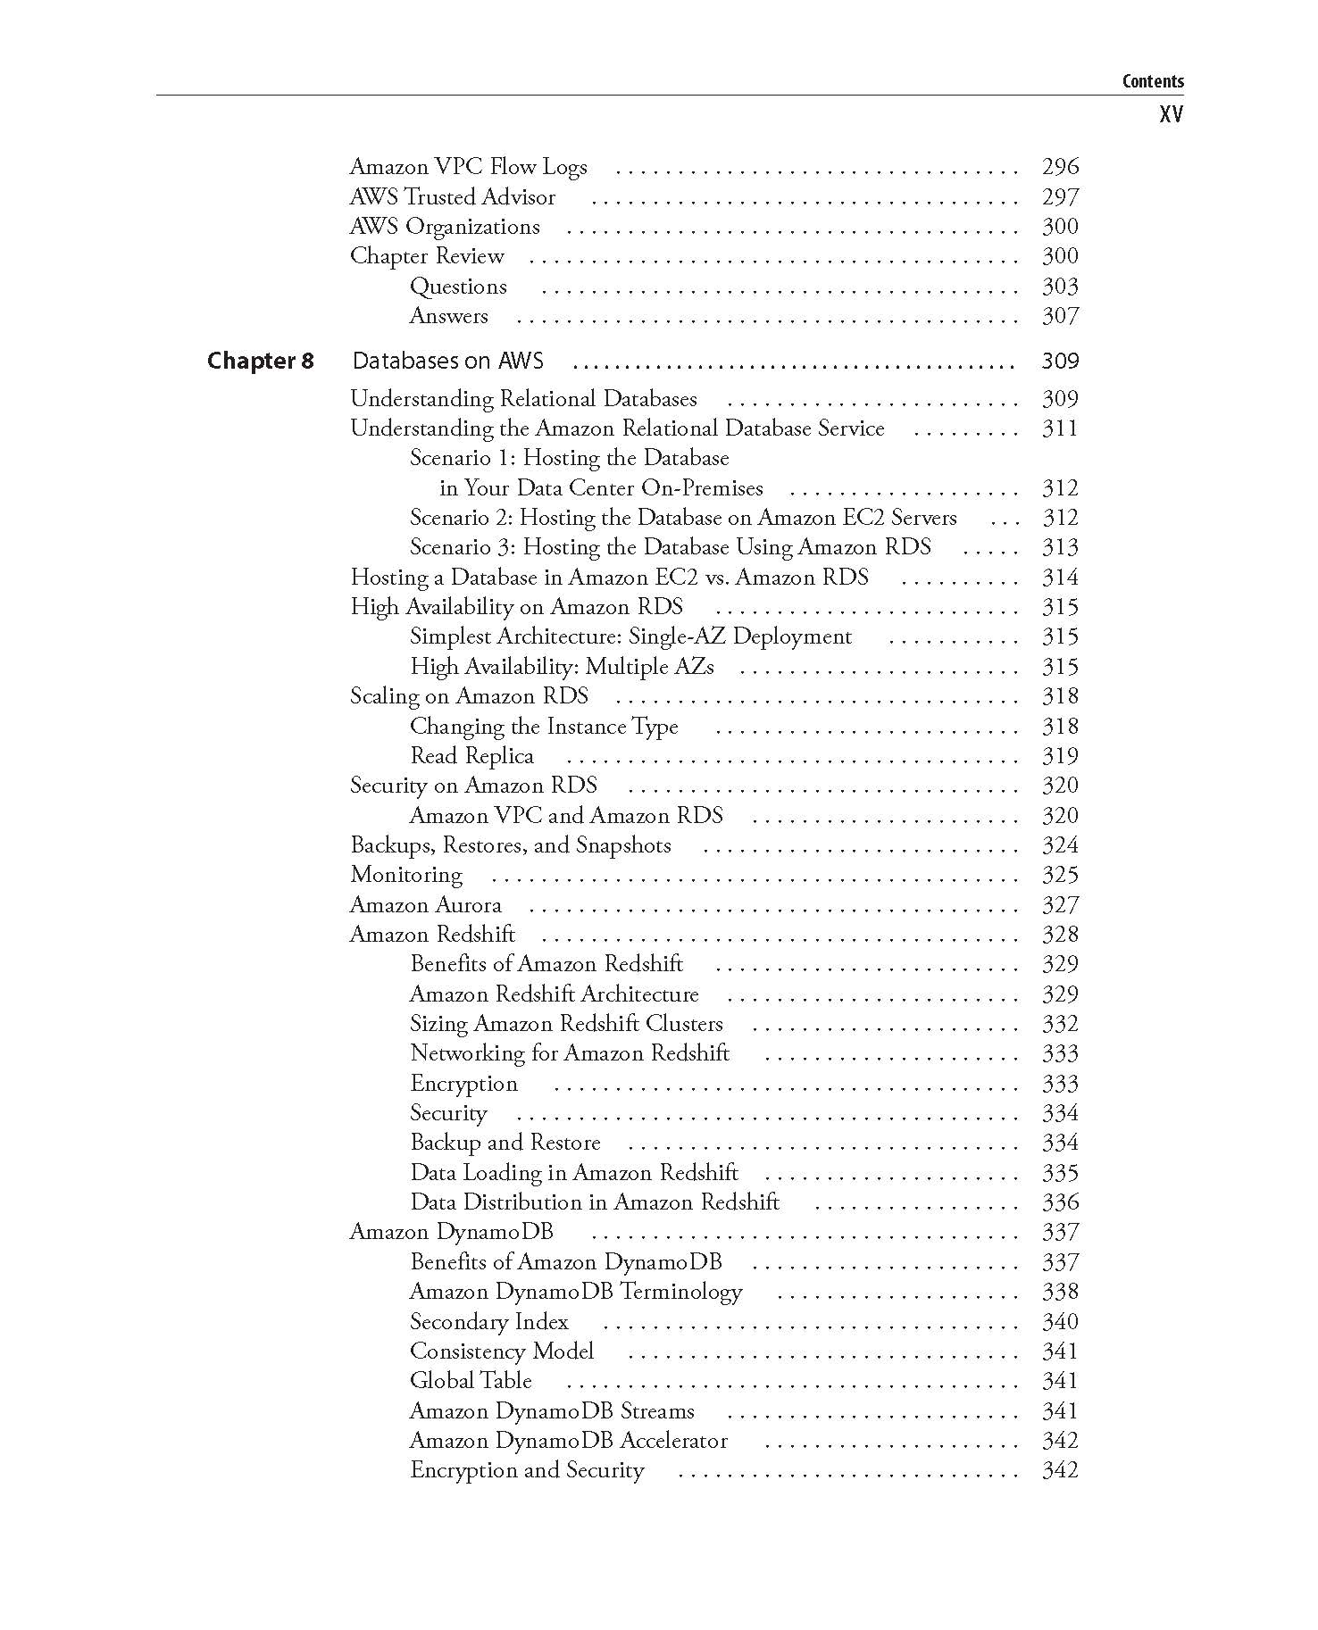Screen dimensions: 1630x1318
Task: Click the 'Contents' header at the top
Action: click(1153, 81)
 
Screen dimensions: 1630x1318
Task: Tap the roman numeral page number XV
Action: click(1171, 114)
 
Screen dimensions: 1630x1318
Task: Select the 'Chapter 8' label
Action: click(261, 361)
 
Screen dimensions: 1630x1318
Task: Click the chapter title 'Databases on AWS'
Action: click(447, 361)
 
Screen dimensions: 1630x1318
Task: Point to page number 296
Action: click(1060, 167)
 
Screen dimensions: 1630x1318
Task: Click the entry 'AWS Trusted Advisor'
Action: click(452, 196)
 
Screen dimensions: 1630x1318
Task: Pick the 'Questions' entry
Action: click(458, 287)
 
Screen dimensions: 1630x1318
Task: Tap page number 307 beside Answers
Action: click(1060, 316)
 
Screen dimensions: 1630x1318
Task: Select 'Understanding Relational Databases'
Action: click(523, 399)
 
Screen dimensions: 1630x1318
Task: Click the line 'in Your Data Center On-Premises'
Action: click(601, 488)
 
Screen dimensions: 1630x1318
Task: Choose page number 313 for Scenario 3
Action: click(1060, 547)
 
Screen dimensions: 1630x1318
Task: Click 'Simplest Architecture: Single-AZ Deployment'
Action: click(630, 636)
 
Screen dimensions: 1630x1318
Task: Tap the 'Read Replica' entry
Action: click(471, 756)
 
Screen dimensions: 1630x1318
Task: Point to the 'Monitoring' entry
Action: click(406, 875)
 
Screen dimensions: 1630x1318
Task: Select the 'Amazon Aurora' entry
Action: click(425, 905)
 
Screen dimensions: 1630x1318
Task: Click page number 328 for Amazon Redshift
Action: click(1060, 935)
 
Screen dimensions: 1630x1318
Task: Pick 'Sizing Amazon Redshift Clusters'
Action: click(566, 1024)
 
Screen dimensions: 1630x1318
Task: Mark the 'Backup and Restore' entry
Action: click(505, 1143)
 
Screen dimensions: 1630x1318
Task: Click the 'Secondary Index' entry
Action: click(488, 1322)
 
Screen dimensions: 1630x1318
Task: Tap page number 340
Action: click(1060, 1322)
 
